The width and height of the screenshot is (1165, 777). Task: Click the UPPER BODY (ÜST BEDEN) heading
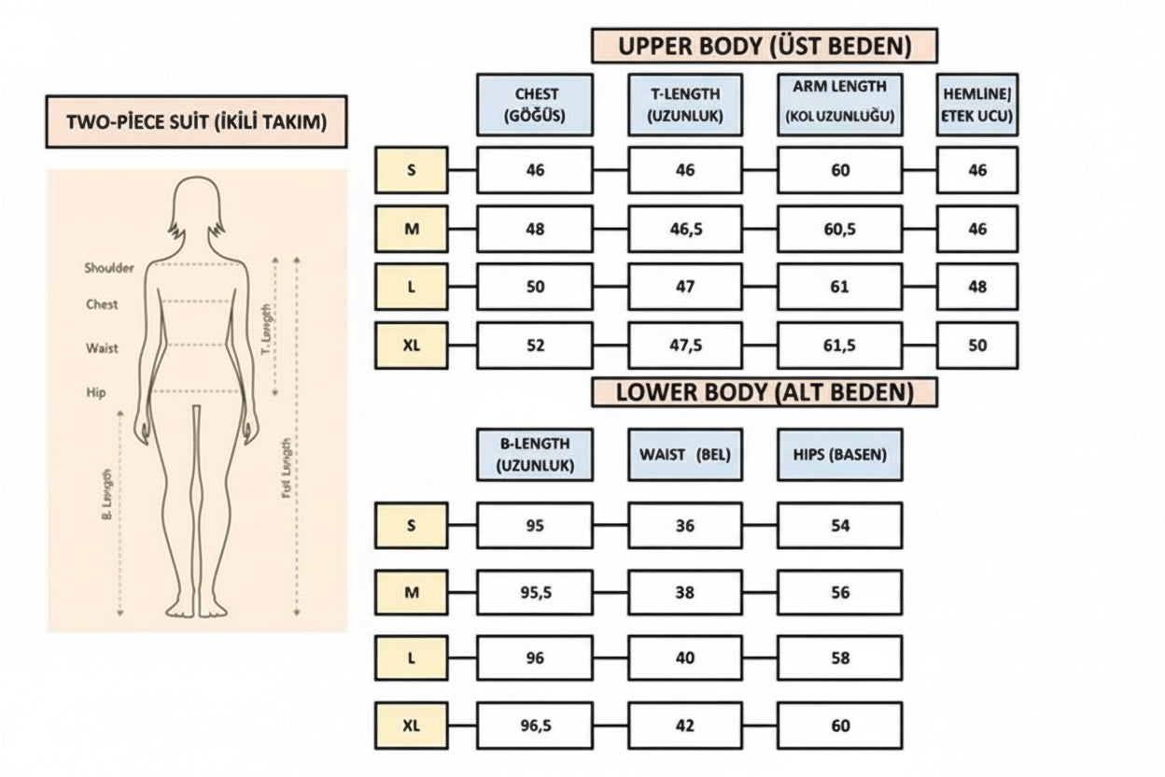pyautogui.click(x=764, y=45)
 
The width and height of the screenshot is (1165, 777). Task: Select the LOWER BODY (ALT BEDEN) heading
pyautogui.click(x=764, y=392)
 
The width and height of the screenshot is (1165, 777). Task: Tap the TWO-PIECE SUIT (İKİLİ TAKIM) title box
pyautogui.click(x=196, y=121)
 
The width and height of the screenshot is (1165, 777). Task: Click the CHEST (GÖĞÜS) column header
pyautogui.click(x=535, y=105)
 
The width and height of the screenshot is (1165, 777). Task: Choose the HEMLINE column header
pyautogui.click(x=976, y=105)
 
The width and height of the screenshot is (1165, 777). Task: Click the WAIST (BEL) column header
pyautogui.click(x=685, y=455)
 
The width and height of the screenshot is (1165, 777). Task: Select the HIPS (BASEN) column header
pyautogui.click(x=839, y=455)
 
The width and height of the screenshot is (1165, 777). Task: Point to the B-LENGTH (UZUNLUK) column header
pyautogui.click(x=535, y=455)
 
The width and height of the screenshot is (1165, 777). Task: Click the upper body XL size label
pyautogui.click(x=412, y=346)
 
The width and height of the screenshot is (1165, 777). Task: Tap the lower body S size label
pyautogui.click(x=412, y=525)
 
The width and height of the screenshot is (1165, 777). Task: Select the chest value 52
pyautogui.click(x=535, y=346)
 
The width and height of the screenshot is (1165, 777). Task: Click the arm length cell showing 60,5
pyautogui.click(x=839, y=229)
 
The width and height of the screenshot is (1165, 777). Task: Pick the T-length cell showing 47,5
pyautogui.click(x=685, y=346)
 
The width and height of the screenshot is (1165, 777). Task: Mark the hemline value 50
pyautogui.click(x=976, y=346)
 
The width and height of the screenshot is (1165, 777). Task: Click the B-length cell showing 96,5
pyautogui.click(x=535, y=725)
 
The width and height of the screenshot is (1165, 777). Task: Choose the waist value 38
pyautogui.click(x=685, y=592)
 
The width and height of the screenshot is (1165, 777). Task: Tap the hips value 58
pyautogui.click(x=839, y=658)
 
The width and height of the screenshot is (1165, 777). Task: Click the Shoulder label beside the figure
pyautogui.click(x=109, y=268)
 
